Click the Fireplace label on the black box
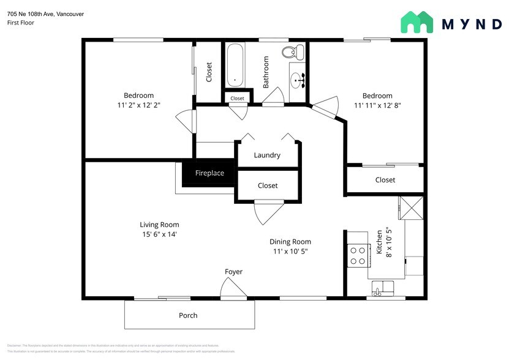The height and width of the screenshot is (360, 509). pos(209,173)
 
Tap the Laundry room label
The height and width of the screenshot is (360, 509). pos(267,155)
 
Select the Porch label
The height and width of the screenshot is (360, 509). pos(188,315)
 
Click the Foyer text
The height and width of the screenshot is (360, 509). pos(233,271)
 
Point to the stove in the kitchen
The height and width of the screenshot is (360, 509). pos(358,255)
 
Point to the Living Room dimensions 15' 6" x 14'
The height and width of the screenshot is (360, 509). pos(159,234)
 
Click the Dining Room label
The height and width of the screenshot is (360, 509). pos(290,242)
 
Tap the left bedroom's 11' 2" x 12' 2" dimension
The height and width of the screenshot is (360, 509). pos(139,105)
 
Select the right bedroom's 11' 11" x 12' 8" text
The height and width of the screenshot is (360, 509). pos(377,105)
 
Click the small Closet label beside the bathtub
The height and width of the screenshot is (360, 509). pos(237,98)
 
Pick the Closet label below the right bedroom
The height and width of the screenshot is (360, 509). pos(385,180)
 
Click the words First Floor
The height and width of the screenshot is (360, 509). pos(21,23)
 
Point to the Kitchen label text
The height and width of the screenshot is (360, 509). pos(380,242)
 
